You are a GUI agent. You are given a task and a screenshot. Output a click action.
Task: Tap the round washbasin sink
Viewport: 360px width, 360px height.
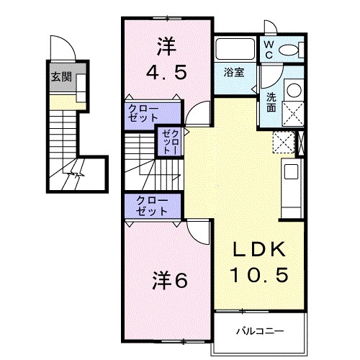point(294,91)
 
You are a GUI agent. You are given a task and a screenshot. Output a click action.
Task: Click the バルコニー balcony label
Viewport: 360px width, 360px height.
point(260,332)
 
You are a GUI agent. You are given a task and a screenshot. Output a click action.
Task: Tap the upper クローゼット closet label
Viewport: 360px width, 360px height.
point(145,112)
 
